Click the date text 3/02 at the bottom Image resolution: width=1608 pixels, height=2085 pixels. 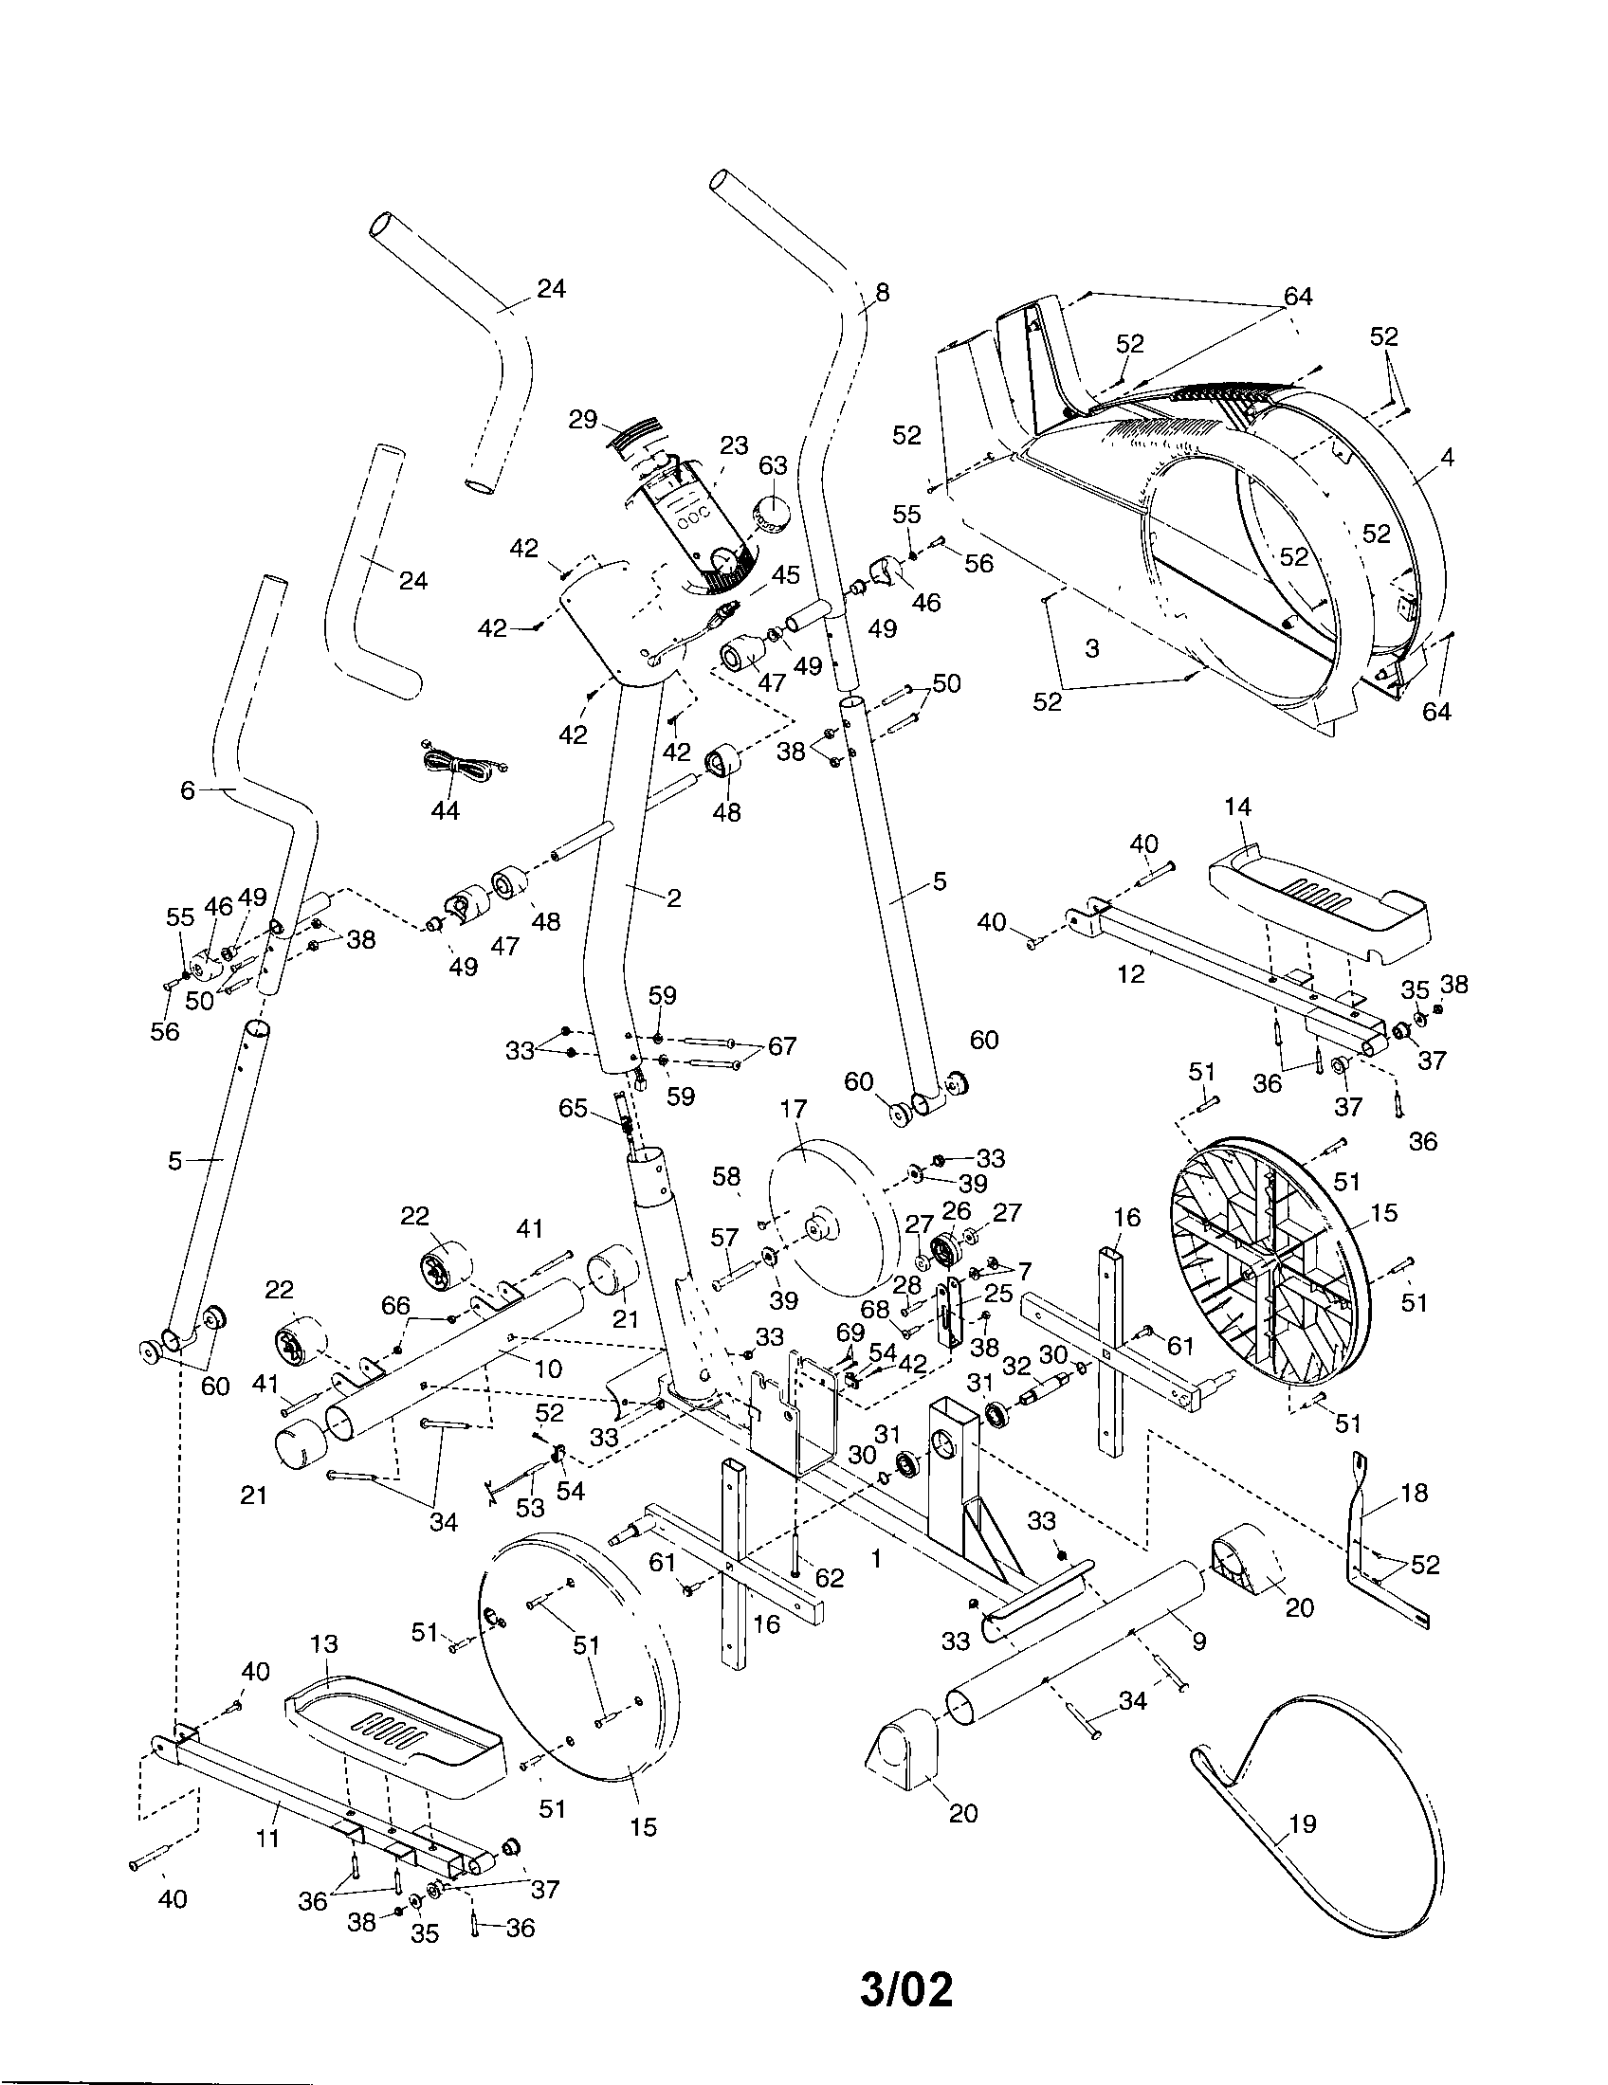click(x=906, y=1990)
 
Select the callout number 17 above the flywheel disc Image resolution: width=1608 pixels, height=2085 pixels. click(x=793, y=1110)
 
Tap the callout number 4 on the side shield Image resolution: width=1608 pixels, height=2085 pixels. click(x=1447, y=459)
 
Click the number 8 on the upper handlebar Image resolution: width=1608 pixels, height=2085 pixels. click(x=882, y=293)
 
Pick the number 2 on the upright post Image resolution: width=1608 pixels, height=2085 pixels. click(x=674, y=897)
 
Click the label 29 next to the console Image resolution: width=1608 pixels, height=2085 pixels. click(x=582, y=419)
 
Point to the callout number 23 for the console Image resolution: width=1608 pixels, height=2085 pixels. click(x=733, y=446)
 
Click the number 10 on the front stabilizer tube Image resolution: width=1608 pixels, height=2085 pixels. click(x=548, y=1369)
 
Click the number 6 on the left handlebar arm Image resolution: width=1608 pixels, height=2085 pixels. click(x=187, y=790)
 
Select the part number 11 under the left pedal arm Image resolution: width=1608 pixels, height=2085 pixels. click(x=268, y=1837)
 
